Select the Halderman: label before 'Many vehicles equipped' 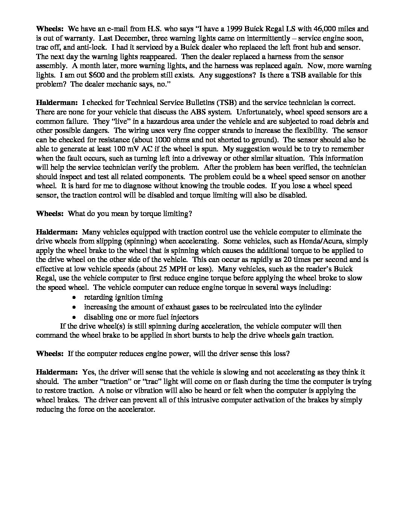(x=57, y=232)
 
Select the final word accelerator (x=135, y=409)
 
